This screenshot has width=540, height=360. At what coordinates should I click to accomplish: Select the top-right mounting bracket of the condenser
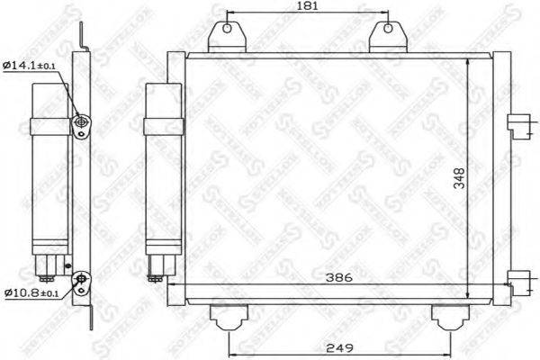387,36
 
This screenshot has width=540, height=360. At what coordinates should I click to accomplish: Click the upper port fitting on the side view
82,124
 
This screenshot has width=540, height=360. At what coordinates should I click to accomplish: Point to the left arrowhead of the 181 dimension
228,14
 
